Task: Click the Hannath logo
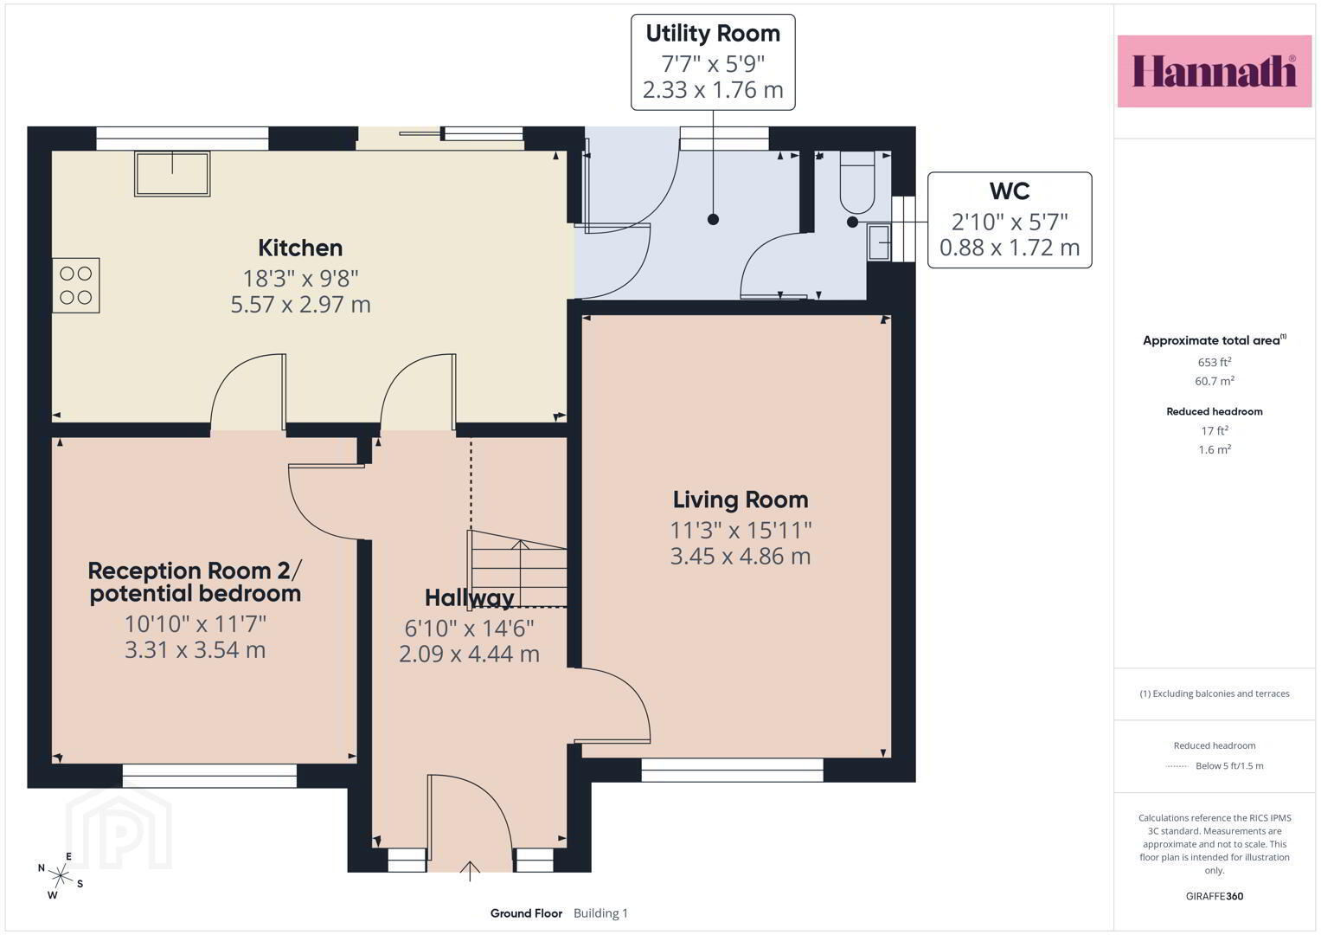coord(1215,71)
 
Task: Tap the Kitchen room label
coord(300,248)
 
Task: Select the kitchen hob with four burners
coord(76,285)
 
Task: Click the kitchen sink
coord(172,173)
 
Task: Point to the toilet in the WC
coord(857,182)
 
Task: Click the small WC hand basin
coord(879,242)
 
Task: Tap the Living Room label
coord(741,500)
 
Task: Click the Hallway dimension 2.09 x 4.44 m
coord(470,654)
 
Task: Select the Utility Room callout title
coord(713,34)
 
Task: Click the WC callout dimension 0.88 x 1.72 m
coord(1010,248)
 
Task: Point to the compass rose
coord(61,875)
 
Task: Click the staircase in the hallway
coord(518,569)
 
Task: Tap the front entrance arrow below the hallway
coord(470,871)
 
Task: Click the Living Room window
coord(732,770)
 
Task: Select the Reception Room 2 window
coord(209,775)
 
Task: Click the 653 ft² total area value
coord(1215,362)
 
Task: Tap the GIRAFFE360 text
coord(1215,896)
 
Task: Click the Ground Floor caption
coord(526,913)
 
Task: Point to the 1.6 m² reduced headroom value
coord(1215,449)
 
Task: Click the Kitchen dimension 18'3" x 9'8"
coord(300,278)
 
